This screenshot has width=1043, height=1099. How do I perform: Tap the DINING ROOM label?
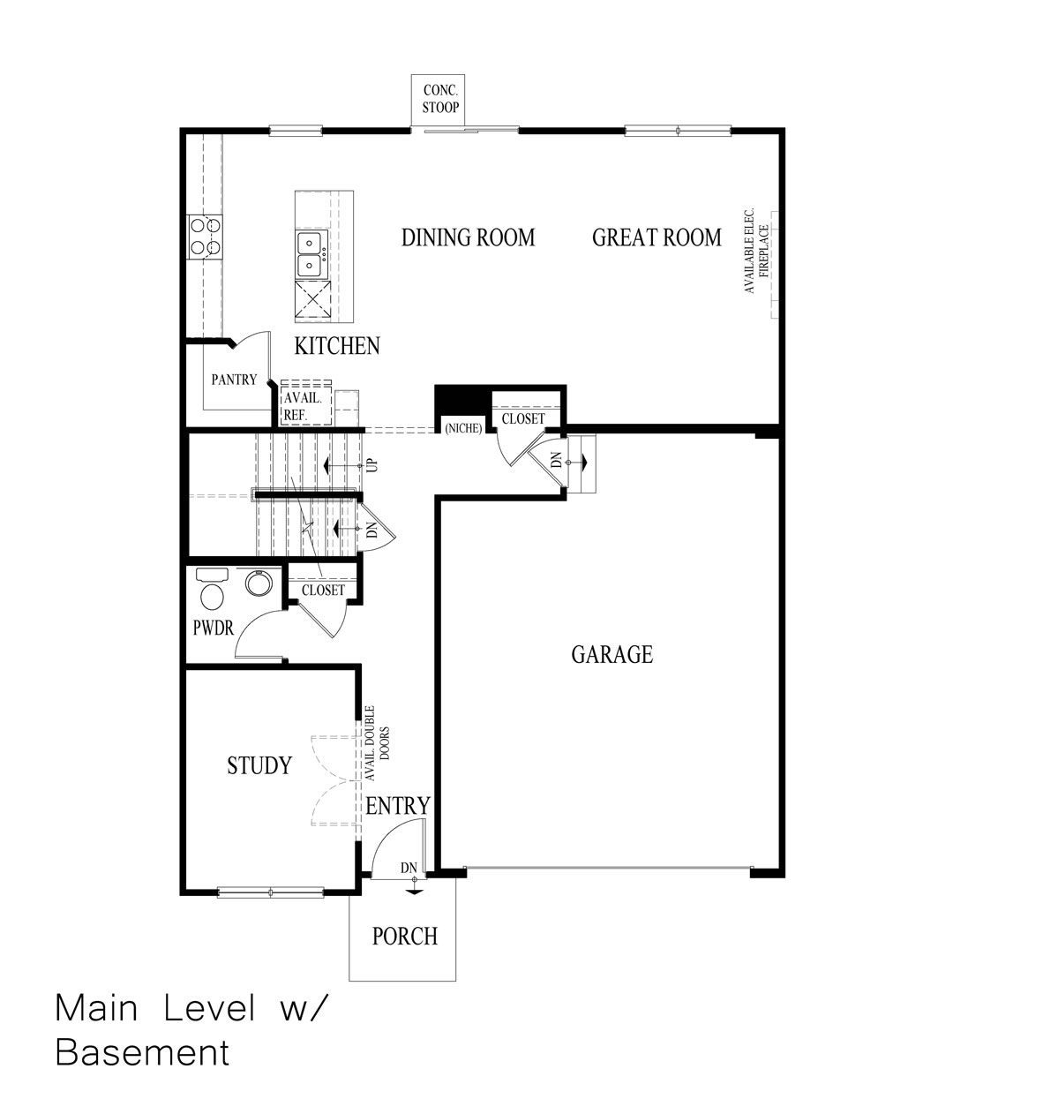tap(468, 237)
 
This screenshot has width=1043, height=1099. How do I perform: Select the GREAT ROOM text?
tap(657, 237)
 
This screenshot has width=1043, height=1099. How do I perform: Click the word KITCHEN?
tap(337, 346)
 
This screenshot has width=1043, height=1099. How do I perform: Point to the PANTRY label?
tap(234, 380)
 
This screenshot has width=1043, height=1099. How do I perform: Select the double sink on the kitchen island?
tap(311, 253)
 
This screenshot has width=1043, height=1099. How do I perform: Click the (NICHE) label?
tap(463, 429)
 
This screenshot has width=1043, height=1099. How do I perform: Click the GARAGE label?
tap(612, 654)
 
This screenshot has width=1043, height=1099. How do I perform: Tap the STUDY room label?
tap(259, 765)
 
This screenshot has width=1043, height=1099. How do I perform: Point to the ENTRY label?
tap(398, 805)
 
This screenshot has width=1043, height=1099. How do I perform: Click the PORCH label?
tap(404, 936)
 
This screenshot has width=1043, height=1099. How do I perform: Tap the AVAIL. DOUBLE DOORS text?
tap(377, 743)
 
